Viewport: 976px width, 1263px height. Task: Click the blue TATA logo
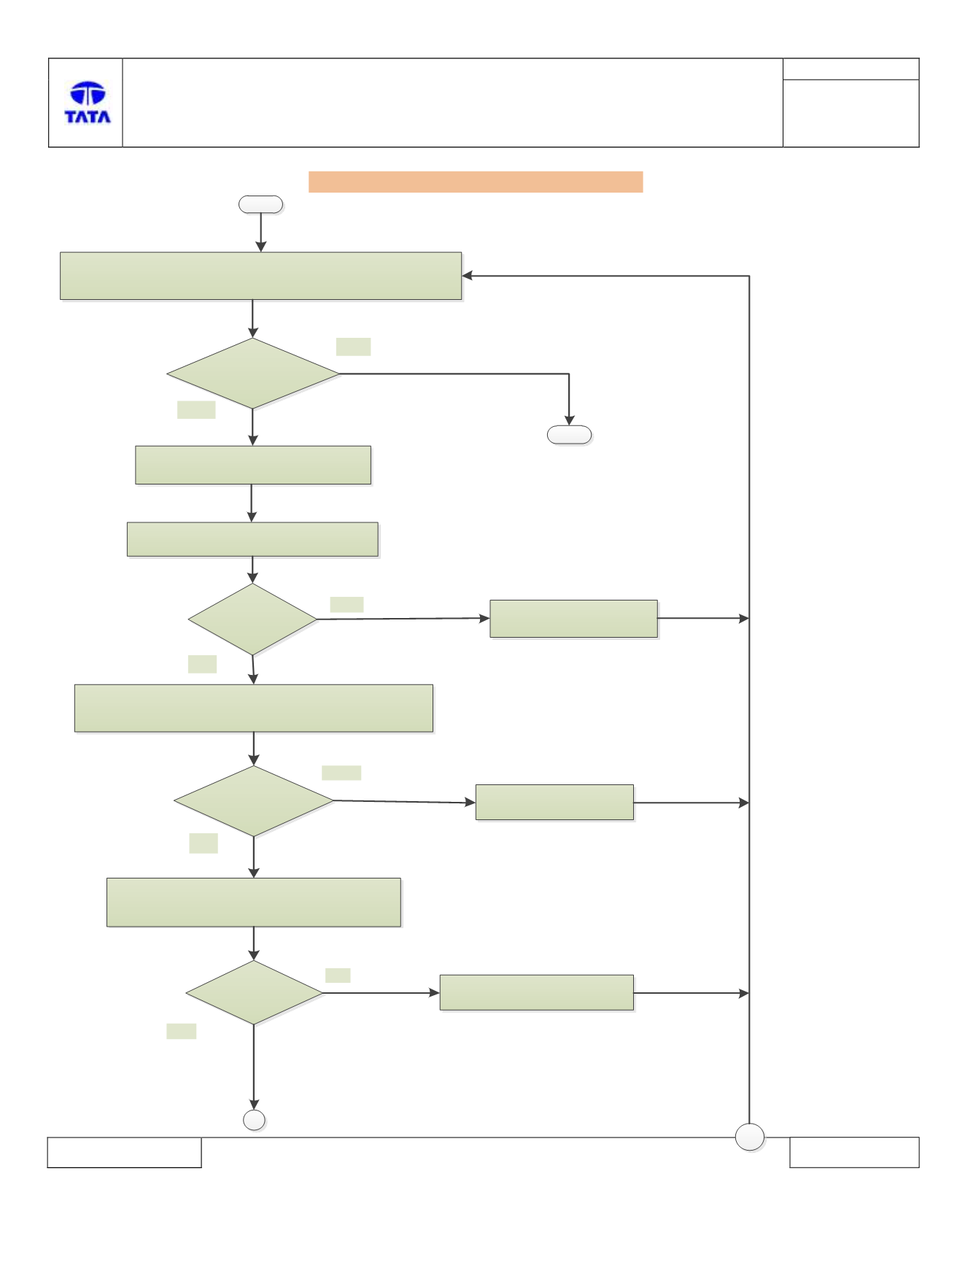[x=88, y=102]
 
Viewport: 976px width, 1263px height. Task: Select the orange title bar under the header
[x=476, y=182]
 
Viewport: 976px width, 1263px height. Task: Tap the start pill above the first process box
[x=260, y=204]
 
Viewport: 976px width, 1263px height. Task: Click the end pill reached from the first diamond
[x=569, y=435]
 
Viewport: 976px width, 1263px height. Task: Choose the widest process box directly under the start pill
[x=260, y=276]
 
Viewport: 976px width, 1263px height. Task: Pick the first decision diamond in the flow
[x=253, y=374]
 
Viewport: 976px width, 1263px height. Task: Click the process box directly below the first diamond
[x=253, y=465]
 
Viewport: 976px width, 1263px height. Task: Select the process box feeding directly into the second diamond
[x=252, y=539]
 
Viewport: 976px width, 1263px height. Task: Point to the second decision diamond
[x=252, y=619]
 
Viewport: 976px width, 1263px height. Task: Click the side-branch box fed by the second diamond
[x=573, y=619]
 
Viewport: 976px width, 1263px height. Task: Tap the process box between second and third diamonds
[x=254, y=708]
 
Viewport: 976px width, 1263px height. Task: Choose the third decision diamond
[x=254, y=801]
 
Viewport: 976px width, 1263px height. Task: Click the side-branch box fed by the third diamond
[x=554, y=803]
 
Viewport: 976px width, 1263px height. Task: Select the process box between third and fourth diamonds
[x=254, y=903]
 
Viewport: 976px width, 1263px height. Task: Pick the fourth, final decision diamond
[x=254, y=993]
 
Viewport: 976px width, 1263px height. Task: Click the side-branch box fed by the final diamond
[x=536, y=992]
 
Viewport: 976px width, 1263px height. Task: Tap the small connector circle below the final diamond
[x=254, y=1120]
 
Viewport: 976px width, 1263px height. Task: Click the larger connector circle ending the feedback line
[x=749, y=1137]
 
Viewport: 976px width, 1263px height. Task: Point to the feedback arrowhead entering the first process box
[x=467, y=276]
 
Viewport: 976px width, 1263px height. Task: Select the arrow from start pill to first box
[x=261, y=233]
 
